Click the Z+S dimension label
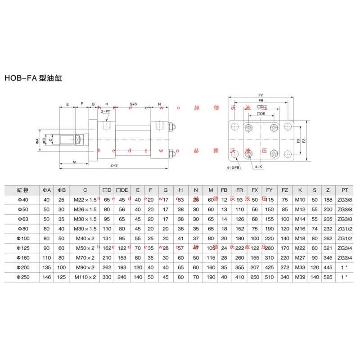(x=114, y=166)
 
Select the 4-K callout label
(x=258, y=167)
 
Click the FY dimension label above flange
(x=261, y=95)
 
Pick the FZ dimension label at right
(x=304, y=140)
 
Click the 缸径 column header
(x=23, y=190)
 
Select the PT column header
(x=344, y=190)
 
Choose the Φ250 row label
(x=23, y=278)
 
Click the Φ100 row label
(x=23, y=238)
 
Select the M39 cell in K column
(x=300, y=278)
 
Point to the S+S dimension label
(x=133, y=104)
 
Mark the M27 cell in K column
(x=300, y=258)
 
